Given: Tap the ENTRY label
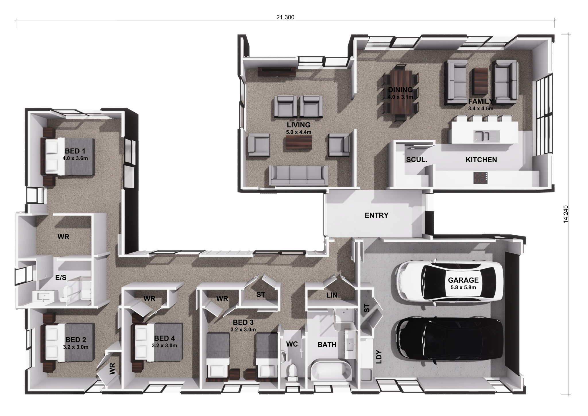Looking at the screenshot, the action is [376, 215].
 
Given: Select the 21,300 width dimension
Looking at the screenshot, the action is [285, 17].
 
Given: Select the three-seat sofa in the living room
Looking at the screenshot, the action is [298, 175].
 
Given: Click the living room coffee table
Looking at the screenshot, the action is [299, 142].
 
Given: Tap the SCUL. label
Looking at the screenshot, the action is [417, 160].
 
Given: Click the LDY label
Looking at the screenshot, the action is [379, 357].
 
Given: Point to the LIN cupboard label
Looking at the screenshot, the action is [332, 295].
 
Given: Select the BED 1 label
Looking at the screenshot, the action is [75, 151].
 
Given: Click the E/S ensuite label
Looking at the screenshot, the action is [61, 278].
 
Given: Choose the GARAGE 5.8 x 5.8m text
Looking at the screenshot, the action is [463, 283].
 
